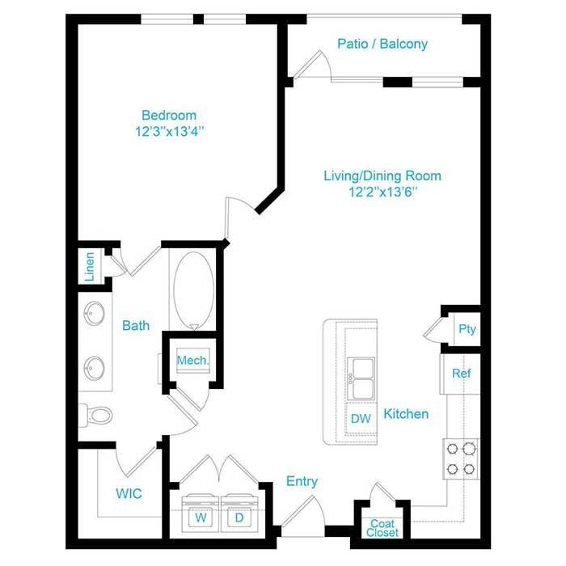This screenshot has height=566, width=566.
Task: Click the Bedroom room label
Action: pos(169,115)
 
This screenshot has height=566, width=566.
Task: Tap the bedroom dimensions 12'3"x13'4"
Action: pos(169,131)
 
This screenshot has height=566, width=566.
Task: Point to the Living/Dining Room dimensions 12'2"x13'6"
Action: pos(382,192)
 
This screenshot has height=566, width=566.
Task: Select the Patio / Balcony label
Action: pos(382,44)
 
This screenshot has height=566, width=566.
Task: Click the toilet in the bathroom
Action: pos(96,415)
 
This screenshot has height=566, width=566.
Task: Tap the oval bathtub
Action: pos(194,291)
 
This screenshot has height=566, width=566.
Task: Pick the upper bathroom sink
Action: pos(95,314)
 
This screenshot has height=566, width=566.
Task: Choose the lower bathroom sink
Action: pos(95,368)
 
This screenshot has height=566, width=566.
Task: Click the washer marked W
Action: pos(201,513)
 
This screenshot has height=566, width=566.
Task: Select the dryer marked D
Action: pos(239,513)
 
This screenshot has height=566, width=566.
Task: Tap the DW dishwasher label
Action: pos(361,418)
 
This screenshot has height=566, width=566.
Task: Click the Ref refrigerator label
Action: pos(462,373)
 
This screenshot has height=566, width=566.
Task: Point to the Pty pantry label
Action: pos(467,329)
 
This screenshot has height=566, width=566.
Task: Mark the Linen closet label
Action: pos(90,267)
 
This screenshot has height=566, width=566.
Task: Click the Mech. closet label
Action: pos(192,361)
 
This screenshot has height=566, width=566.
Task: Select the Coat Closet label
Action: pos(382,528)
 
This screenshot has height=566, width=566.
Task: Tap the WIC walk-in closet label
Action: pos(129,493)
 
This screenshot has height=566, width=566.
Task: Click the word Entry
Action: pos(302,481)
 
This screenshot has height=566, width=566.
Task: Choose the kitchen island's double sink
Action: pos(361,378)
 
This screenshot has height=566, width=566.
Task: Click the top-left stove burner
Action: pos(452,449)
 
